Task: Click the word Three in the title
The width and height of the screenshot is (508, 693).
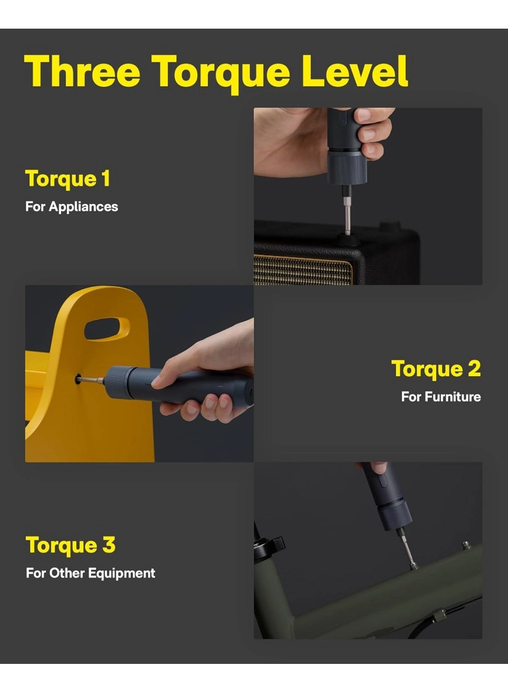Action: pyautogui.click(x=82, y=71)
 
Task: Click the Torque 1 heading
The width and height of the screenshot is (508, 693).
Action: pyautogui.click(x=68, y=179)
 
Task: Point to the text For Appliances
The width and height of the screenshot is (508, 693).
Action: pyautogui.click(x=72, y=207)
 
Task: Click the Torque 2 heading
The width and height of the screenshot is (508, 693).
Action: pyautogui.click(x=435, y=369)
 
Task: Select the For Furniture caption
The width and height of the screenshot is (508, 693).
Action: pyautogui.click(x=441, y=397)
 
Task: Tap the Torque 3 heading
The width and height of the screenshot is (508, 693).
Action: pyautogui.click(x=70, y=545)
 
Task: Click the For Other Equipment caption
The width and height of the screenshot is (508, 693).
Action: pyautogui.click(x=91, y=573)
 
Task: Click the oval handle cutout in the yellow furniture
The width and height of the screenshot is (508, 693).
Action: pyautogui.click(x=107, y=328)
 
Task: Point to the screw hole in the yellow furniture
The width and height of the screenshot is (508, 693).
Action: pyautogui.click(x=78, y=379)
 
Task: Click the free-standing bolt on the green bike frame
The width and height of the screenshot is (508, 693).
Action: pyautogui.click(x=466, y=546)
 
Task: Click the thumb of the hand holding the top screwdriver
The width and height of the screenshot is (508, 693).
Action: pyautogui.click(x=372, y=134)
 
